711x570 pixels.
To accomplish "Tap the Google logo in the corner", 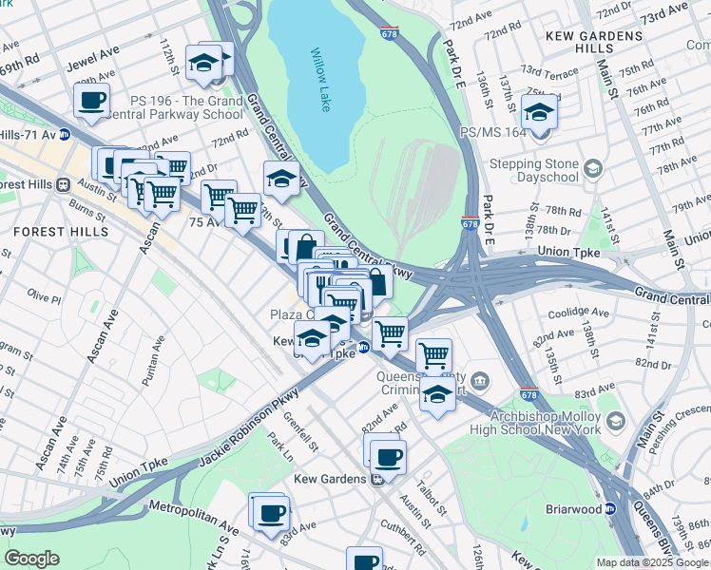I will point(31,559).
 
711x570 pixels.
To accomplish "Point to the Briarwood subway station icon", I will point(611,508).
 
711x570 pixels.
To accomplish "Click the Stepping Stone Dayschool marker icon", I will point(593,169).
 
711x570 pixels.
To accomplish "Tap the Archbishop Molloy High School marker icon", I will point(616,420).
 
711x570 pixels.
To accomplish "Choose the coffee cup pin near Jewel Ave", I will point(91,101).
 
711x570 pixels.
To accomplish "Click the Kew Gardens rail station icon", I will point(377,479).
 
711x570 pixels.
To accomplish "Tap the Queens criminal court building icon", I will point(480,381).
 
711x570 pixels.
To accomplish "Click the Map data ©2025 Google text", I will point(653,561).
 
